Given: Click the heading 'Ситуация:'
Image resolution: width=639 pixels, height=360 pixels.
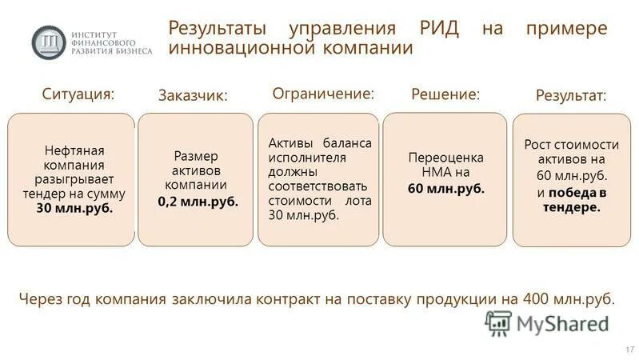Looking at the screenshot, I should tap(78, 94).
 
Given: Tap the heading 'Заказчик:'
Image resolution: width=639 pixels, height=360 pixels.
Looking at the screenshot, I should tap(194, 95).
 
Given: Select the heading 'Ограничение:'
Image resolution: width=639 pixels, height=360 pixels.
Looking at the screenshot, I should tap(323, 93).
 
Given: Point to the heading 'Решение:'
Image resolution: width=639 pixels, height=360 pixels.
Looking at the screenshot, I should tap(445, 94).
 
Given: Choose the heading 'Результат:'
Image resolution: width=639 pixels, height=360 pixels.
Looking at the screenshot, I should tap(570, 95).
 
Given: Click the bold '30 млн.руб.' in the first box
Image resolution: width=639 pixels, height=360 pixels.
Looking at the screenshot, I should tap(74, 208).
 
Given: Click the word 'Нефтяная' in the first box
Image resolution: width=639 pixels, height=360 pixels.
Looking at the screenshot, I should tap(75, 150).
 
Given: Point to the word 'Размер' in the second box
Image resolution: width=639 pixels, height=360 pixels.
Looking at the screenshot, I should tap(196, 156).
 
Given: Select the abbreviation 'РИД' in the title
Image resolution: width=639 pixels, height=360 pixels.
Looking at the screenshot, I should tap(441, 29).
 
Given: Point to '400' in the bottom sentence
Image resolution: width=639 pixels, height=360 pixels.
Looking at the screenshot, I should tap(533, 299).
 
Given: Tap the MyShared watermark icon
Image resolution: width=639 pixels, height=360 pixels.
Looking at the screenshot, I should tap(498, 322).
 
